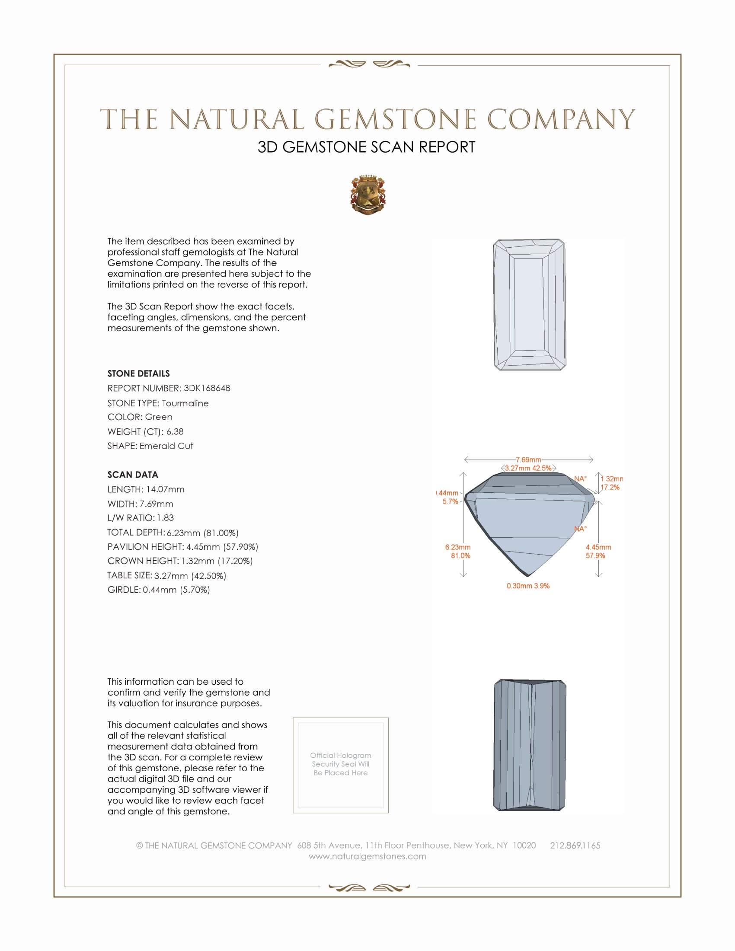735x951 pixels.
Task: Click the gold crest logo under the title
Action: (x=368, y=195)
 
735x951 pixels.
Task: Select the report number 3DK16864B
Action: (x=207, y=388)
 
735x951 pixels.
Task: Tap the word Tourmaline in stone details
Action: (x=185, y=403)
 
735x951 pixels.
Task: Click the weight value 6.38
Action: (x=175, y=431)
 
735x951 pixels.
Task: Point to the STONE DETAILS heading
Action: (x=138, y=373)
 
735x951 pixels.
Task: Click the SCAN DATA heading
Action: (x=133, y=475)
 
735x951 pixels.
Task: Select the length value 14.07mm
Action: (x=165, y=489)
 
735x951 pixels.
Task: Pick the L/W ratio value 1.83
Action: (x=166, y=518)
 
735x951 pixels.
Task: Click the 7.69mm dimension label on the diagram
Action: (x=528, y=460)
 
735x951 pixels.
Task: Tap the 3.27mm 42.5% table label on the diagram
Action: (x=528, y=468)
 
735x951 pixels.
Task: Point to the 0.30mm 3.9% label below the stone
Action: (x=528, y=586)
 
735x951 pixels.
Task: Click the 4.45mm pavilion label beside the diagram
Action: (x=598, y=547)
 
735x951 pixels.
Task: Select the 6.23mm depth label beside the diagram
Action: (x=457, y=547)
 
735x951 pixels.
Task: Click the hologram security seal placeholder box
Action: (x=341, y=765)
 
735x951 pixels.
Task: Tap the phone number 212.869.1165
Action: (x=575, y=845)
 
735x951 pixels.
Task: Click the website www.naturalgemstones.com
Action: (x=367, y=856)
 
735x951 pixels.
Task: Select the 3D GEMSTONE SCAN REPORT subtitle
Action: (x=366, y=147)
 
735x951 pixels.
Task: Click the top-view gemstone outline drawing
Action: (x=530, y=304)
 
